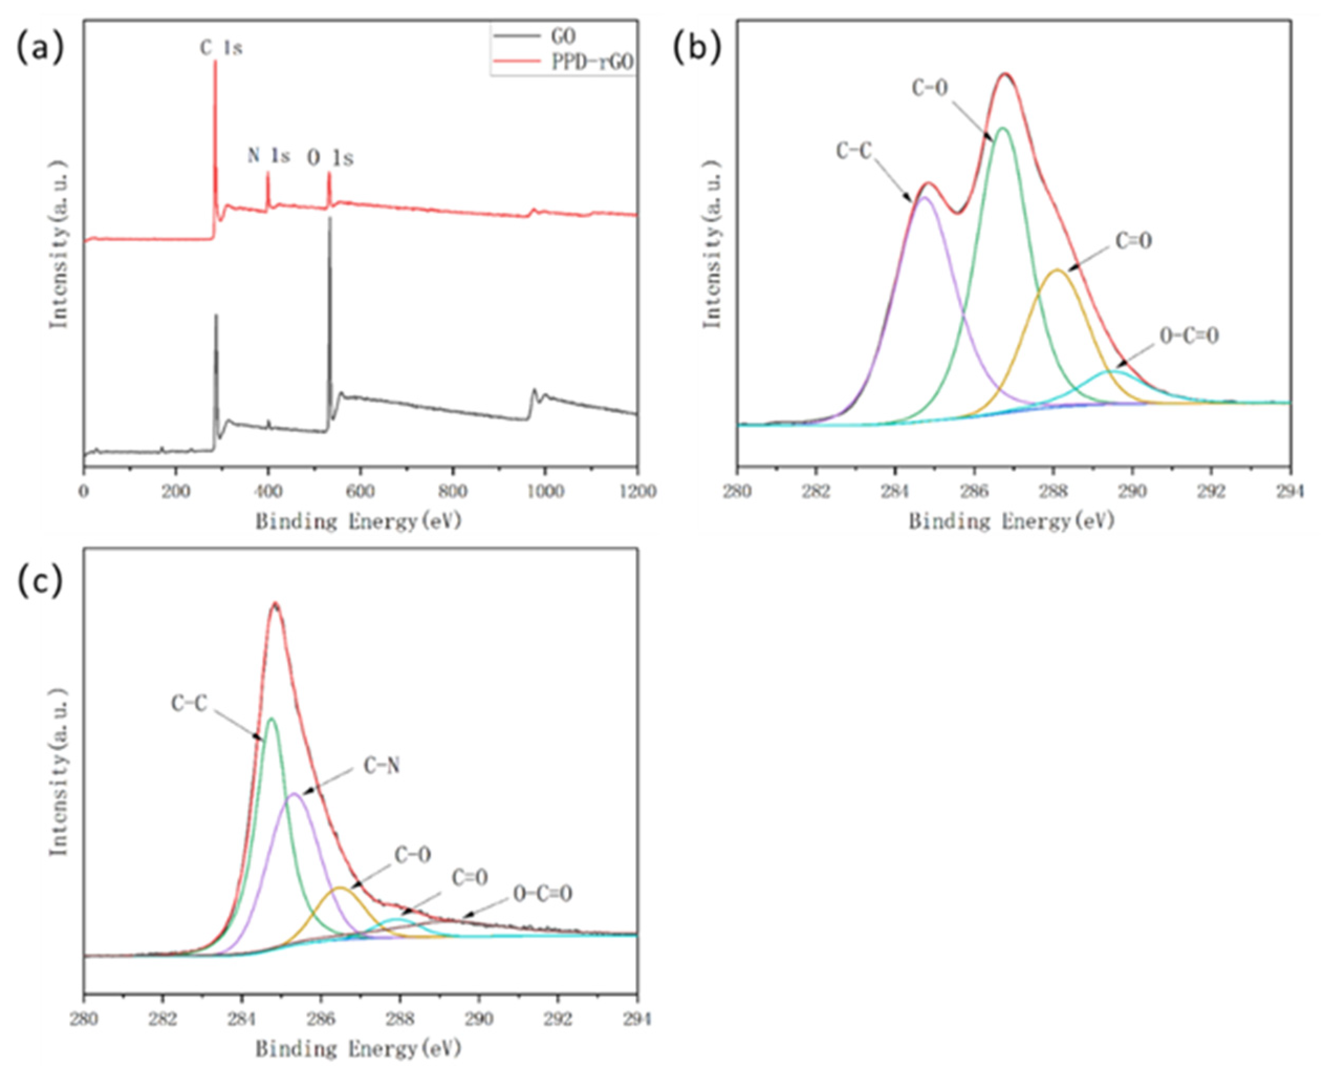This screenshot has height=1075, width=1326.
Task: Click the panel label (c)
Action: [x=40, y=583]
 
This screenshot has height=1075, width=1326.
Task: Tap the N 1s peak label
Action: [x=268, y=156]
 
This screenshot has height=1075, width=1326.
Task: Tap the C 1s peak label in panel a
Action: [x=221, y=48]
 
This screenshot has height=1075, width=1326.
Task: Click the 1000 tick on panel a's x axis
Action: [x=545, y=492]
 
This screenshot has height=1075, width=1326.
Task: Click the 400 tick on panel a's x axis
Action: [x=268, y=492]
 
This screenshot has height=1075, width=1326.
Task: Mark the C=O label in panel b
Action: [x=1134, y=242]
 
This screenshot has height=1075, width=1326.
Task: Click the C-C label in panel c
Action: [x=189, y=703]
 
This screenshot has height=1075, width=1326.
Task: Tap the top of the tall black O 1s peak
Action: [x=329, y=218]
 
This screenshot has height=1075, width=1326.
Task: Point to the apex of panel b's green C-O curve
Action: [x=1003, y=128]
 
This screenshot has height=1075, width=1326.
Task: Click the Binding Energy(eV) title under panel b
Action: [x=1012, y=522]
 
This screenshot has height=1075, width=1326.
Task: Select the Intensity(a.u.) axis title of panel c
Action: [x=59, y=771]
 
